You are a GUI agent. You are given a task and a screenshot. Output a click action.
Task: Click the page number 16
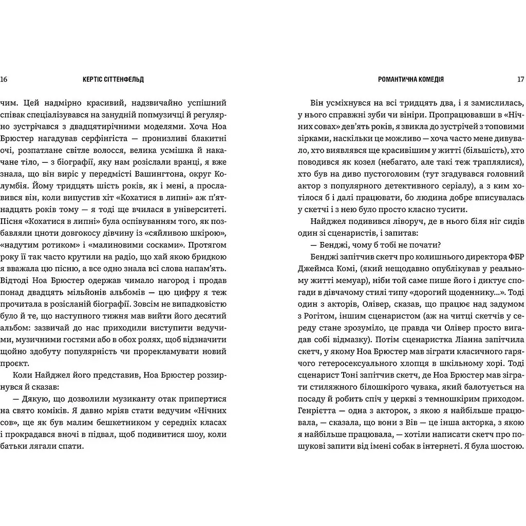coord(5,80)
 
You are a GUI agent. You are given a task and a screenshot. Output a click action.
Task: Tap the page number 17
coord(520,80)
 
